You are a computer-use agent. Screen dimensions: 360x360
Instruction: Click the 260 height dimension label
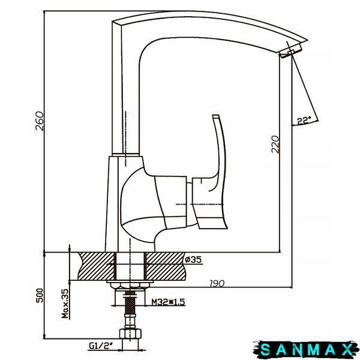(x=40, y=121)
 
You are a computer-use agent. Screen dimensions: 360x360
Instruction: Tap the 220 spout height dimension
(x=275, y=144)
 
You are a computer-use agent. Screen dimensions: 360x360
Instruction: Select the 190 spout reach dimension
(x=217, y=284)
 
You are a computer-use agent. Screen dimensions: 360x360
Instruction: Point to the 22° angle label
(x=304, y=121)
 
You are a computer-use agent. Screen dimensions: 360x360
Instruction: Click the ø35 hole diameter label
(x=193, y=260)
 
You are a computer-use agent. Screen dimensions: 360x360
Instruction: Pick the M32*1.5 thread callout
(x=168, y=302)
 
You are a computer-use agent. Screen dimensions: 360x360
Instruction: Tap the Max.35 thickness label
(x=65, y=303)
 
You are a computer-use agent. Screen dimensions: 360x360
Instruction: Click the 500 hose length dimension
(x=40, y=295)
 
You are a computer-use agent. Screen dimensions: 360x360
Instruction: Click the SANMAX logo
(x=305, y=349)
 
